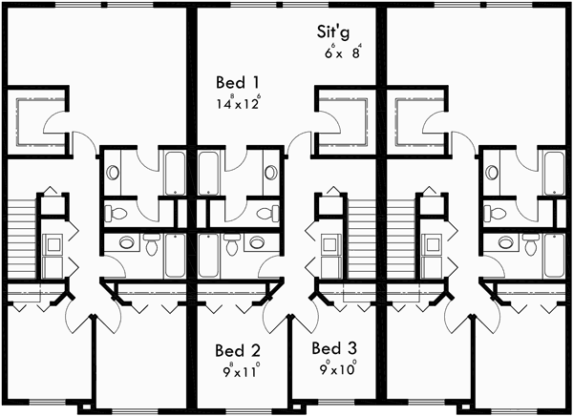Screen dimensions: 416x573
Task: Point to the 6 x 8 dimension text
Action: tap(343, 53)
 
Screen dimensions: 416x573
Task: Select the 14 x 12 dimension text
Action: tap(239, 102)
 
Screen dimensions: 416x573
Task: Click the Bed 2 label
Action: tap(237, 348)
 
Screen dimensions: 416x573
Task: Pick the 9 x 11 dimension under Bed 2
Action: tap(238, 367)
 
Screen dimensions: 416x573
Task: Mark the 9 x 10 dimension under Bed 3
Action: tap(338, 366)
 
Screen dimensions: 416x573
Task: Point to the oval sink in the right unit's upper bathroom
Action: tap(493, 174)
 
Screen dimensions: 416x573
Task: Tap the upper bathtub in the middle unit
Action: tap(209, 173)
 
